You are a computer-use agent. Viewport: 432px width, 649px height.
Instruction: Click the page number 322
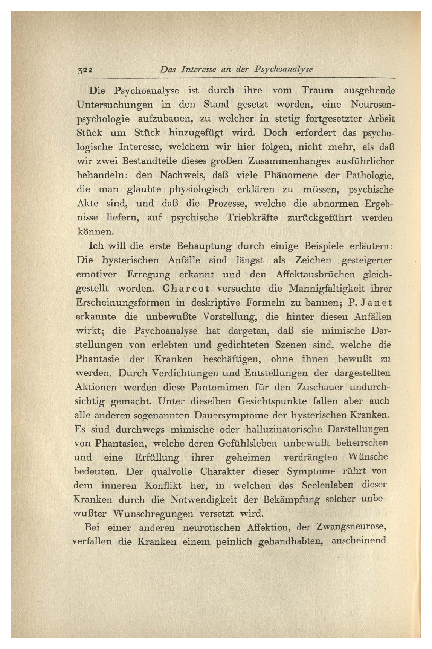click(x=85, y=70)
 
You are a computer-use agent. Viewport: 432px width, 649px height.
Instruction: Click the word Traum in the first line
click(x=318, y=91)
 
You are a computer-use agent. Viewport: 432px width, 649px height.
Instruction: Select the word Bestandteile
click(x=139, y=161)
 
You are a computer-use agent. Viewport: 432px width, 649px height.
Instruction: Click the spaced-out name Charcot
click(x=186, y=289)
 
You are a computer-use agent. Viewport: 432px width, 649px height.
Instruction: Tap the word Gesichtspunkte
click(x=267, y=401)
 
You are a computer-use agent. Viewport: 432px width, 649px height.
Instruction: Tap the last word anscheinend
click(x=359, y=541)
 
